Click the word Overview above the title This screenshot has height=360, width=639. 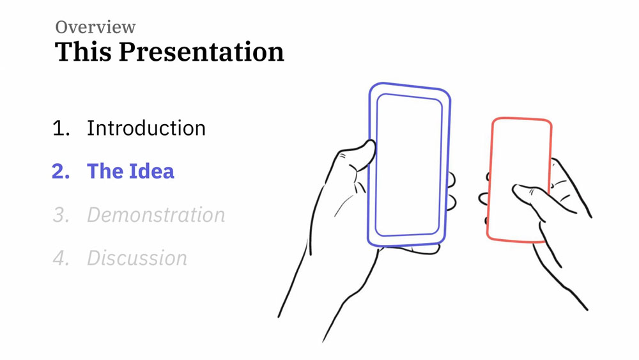(x=95, y=27)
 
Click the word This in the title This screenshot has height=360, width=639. (x=83, y=51)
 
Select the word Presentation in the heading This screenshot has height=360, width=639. (x=201, y=52)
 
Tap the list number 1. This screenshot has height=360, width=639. (x=61, y=128)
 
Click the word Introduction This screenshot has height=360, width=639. (x=146, y=128)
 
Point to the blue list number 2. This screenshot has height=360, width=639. (x=61, y=171)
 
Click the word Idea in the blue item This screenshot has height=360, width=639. (x=152, y=171)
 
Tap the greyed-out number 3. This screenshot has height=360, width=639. (x=61, y=215)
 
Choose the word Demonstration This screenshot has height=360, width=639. (x=156, y=215)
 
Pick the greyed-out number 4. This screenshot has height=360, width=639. (x=61, y=258)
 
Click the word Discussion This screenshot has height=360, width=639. (x=137, y=258)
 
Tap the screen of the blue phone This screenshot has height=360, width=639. (x=408, y=165)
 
